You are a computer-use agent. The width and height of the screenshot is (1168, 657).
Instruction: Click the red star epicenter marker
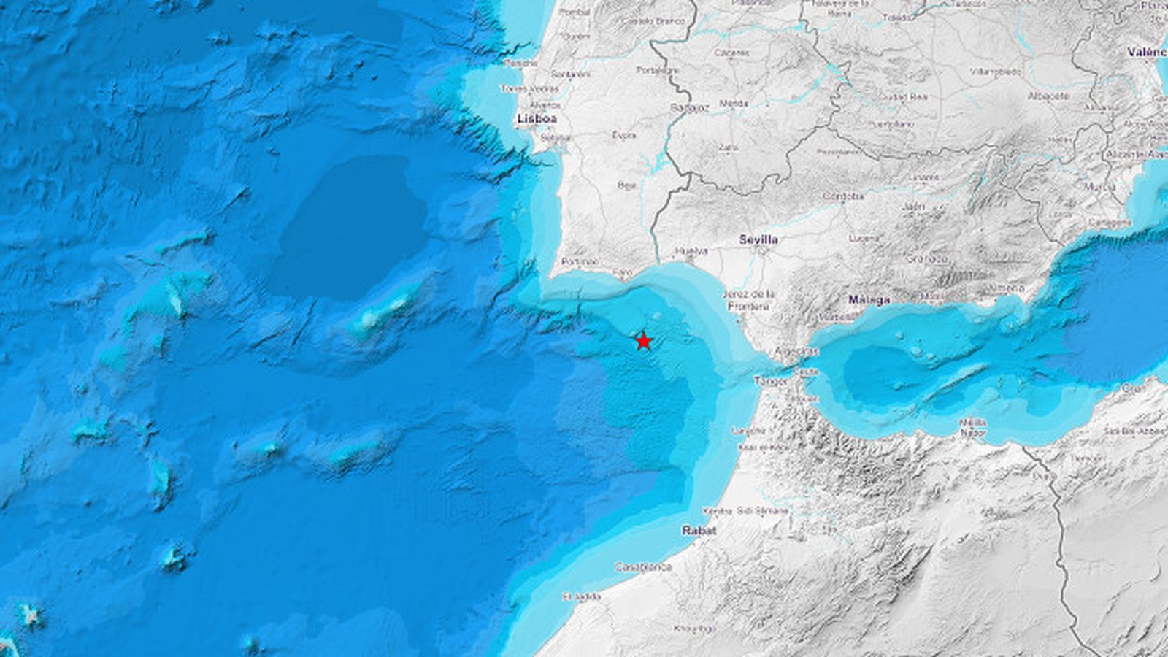point(643,341)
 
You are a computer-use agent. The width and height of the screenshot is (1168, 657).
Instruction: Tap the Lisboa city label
point(537,118)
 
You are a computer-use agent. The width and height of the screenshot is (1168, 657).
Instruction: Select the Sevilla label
point(758,239)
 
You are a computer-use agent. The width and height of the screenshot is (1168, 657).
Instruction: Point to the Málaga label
point(869,299)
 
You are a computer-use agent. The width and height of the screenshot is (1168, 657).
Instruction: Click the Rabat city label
point(699,531)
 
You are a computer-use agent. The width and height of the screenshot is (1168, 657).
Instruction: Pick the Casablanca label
point(643,566)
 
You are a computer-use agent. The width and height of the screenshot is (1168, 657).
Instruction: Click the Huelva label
point(691,251)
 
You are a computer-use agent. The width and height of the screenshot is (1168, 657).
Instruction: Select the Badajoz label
point(689,107)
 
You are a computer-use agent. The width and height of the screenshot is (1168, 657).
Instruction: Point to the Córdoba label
point(843,196)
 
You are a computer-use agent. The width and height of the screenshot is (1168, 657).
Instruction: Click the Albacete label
point(1048,96)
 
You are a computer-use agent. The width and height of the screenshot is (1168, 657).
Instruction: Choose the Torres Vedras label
point(529,89)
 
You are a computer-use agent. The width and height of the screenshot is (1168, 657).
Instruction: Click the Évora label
point(624,135)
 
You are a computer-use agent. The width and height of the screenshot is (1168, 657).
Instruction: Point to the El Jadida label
point(582,596)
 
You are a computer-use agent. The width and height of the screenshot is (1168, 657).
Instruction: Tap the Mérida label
point(734,104)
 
